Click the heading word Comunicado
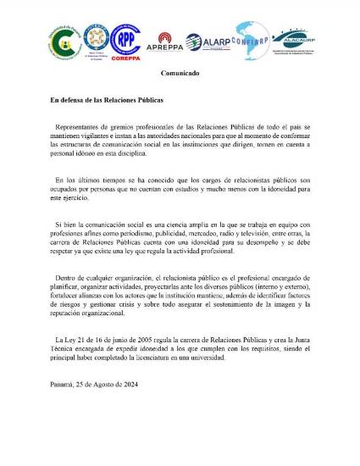pyautogui.click(x=180, y=74)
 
